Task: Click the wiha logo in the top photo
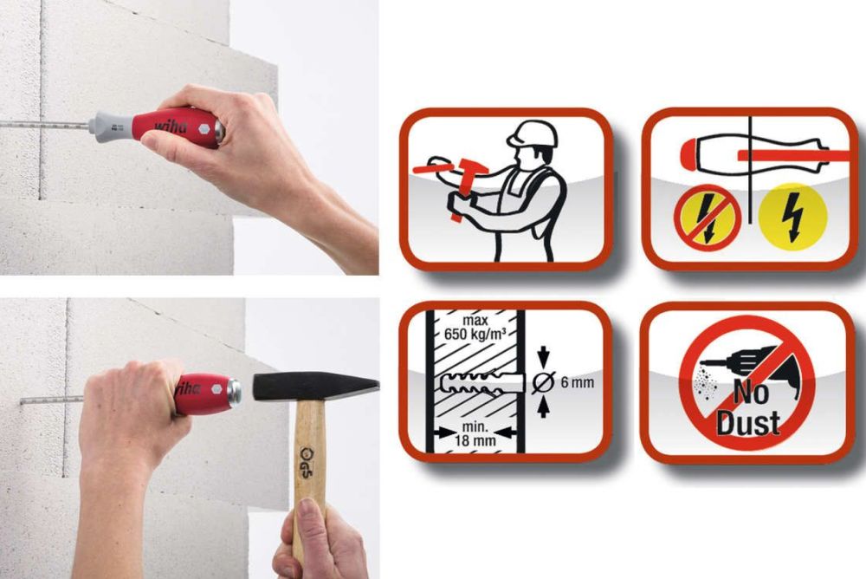click(171, 128)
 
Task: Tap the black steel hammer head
click(315, 387)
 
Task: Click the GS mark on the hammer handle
click(306, 458)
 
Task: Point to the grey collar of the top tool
click(111, 127)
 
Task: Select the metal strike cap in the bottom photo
click(234, 392)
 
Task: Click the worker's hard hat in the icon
click(533, 133)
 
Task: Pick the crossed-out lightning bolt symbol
click(708, 218)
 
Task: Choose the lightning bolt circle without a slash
click(792, 217)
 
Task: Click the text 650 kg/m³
click(475, 335)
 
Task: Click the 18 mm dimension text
click(475, 440)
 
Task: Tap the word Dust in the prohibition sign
click(748, 423)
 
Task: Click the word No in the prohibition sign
click(751, 393)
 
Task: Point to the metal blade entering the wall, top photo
click(44, 125)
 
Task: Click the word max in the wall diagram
click(475, 321)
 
